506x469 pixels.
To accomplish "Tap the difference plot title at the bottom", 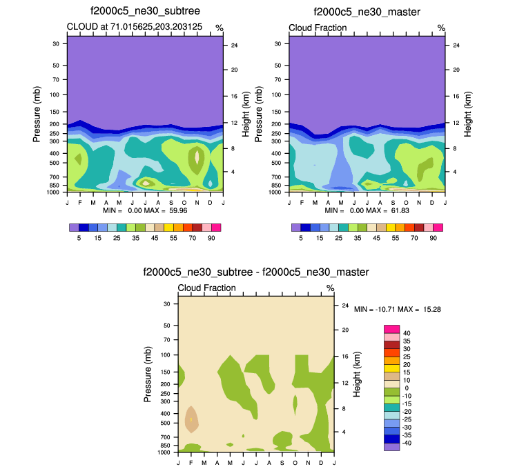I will (x=255, y=272).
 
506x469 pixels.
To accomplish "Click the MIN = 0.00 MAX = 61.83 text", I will (x=367, y=210).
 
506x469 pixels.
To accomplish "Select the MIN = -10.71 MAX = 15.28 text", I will (x=397, y=310).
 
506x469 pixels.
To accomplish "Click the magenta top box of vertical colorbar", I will (x=391, y=329).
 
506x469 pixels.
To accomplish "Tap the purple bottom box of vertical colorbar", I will (x=391, y=447).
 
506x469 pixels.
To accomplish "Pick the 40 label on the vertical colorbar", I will (x=407, y=333).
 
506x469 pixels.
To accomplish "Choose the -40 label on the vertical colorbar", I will (x=408, y=443).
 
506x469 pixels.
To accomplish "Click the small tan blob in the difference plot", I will (x=191, y=419).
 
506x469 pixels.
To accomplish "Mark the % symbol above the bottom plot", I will (x=330, y=288).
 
